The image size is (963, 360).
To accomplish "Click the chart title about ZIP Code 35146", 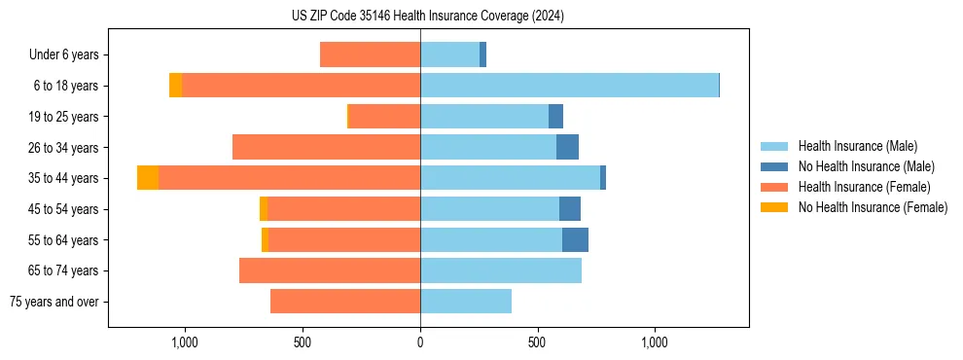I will pyautogui.click(x=427, y=16).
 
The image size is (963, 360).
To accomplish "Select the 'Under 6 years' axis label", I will pyautogui.click(x=70, y=55).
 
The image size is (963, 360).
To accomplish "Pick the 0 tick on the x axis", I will pyautogui.click(x=420, y=342).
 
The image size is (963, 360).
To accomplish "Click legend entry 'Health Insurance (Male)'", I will pyautogui.click(x=857, y=146).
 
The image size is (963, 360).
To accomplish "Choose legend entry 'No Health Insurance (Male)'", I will pyautogui.click(x=866, y=166).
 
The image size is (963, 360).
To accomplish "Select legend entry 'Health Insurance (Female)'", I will pyautogui.click(x=864, y=187).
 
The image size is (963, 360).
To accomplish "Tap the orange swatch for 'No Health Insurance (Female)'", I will pyautogui.click(x=776, y=207).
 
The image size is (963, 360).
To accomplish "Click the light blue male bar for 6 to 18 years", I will pyautogui.click(x=569, y=86).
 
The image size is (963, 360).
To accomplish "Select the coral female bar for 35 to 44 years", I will pyautogui.click(x=289, y=178).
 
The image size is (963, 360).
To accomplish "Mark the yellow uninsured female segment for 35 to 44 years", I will pyautogui.click(x=148, y=178).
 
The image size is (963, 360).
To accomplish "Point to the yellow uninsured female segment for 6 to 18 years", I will pyautogui.click(x=175, y=86).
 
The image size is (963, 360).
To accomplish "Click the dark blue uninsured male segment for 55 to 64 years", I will pyautogui.click(x=575, y=239).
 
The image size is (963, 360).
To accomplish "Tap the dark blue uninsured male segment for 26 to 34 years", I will pyautogui.click(x=567, y=147).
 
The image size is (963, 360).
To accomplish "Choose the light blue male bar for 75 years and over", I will pyautogui.click(x=466, y=302).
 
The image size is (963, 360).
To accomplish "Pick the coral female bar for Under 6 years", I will pyautogui.click(x=370, y=55).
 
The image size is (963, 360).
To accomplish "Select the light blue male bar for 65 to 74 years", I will pyautogui.click(x=501, y=270).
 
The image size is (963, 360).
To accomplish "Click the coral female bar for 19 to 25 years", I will pyautogui.click(x=384, y=117).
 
